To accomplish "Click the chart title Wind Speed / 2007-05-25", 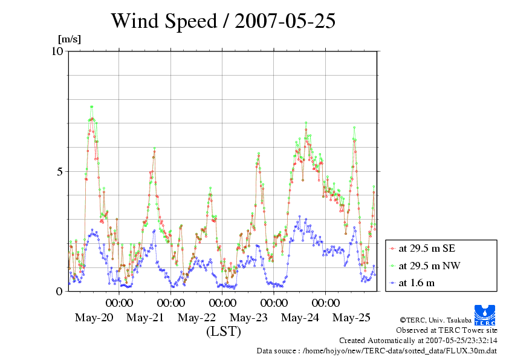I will (x=223, y=21).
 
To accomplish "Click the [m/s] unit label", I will (x=69, y=39).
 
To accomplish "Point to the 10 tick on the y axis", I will (x=57, y=51).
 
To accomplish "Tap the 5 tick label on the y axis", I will (x=59, y=171).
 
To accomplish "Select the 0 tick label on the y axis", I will (x=59, y=291).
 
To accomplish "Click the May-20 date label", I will (x=94, y=318).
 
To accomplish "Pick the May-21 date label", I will (x=145, y=318).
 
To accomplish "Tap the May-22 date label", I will (x=197, y=318).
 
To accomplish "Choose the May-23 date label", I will (x=249, y=318).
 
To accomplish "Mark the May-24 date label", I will (x=300, y=318).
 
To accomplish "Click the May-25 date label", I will (x=352, y=318).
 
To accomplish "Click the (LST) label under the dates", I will (x=224, y=332).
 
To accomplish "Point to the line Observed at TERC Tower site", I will (x=447, y=330).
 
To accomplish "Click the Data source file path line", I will (x=377, y=350).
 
